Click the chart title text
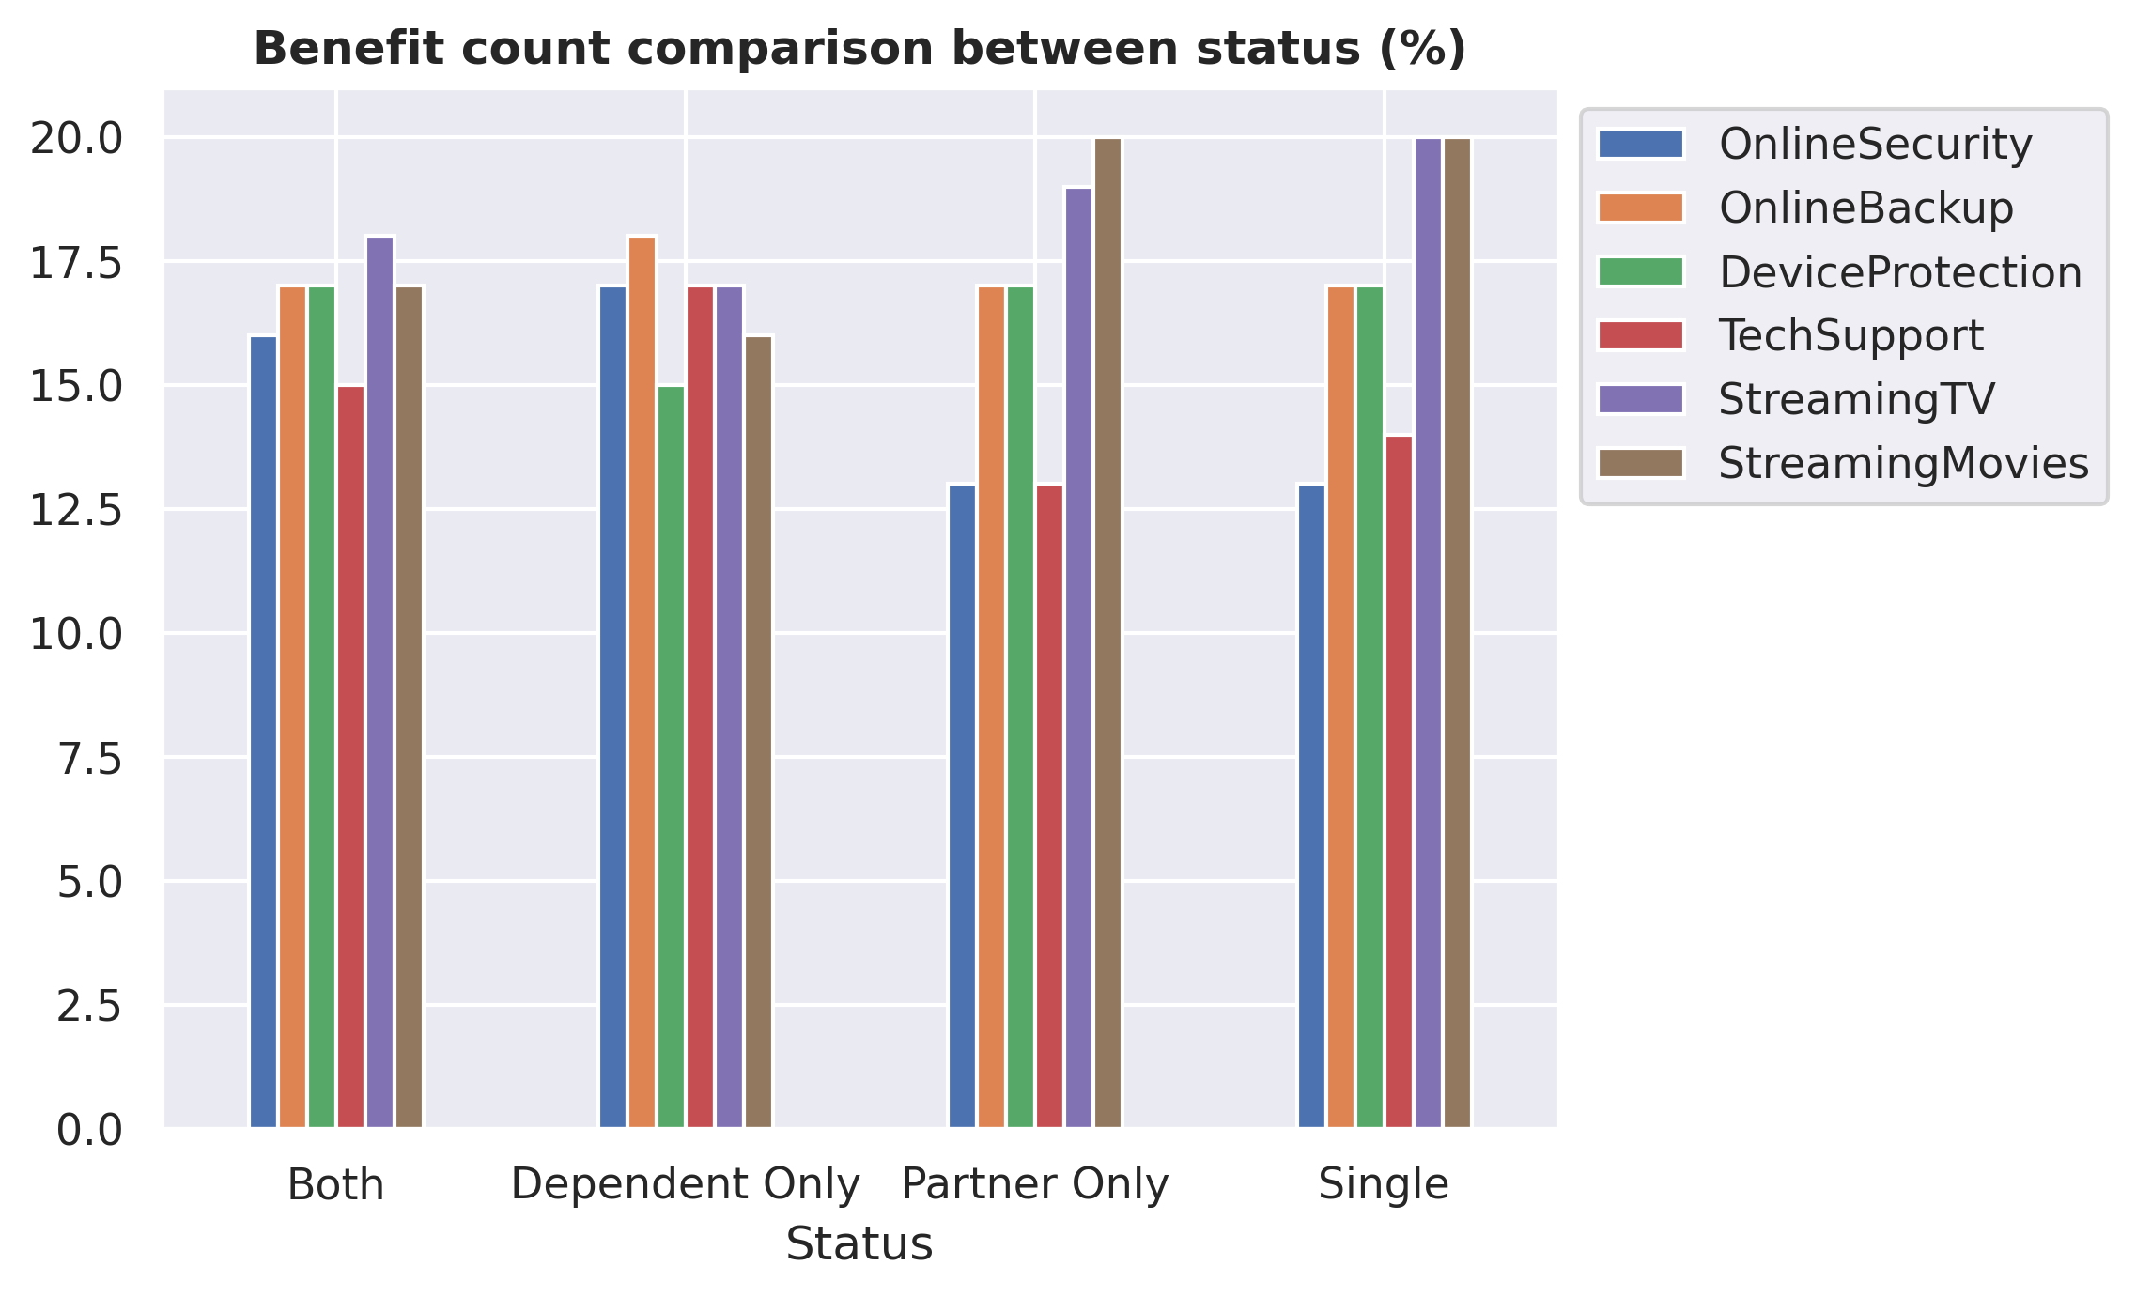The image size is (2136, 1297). coord(859,49)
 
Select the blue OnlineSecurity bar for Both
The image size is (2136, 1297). coord(264,732)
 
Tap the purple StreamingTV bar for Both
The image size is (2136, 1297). coord(380,682)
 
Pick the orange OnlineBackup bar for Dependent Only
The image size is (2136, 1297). coord(642,682)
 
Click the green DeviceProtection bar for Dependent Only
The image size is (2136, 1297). coord(672,756)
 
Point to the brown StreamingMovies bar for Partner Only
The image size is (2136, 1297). coord(1108,632)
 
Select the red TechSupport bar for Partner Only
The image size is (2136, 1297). coord(1050,806)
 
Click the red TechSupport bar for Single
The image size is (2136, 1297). coord(1400,781)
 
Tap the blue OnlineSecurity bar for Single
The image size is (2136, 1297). coord(1312,806)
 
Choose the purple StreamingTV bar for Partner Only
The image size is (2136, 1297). coord(1079,657)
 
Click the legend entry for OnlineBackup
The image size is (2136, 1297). coord(1805,208)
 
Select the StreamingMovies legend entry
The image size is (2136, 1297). coord(1843,463)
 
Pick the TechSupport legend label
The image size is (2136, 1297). coord(1850,335)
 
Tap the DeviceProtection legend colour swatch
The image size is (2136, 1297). coord(1641,271)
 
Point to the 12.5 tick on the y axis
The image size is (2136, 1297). coord(76,510)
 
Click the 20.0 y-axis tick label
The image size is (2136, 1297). coord(76,139)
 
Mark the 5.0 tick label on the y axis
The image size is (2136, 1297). coord(90,882)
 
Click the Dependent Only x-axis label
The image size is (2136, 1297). coord(686,1184)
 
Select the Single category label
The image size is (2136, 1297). coord(1384,1185)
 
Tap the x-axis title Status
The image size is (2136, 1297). coord(859,1244)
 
